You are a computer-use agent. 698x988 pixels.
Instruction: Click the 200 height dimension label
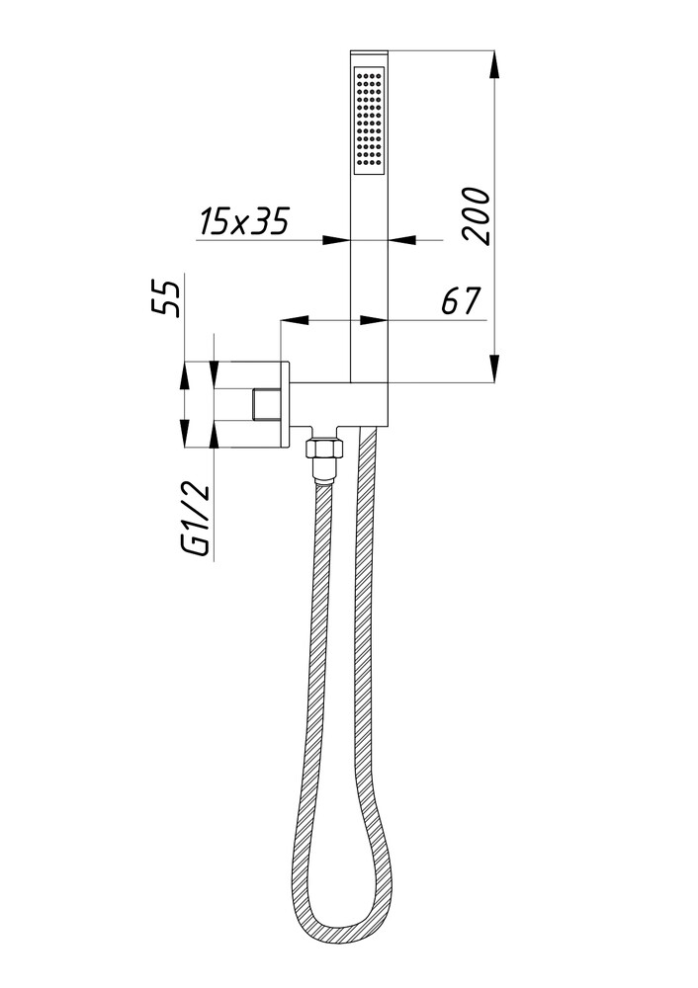tap(477, 214)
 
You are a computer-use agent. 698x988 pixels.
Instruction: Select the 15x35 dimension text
tap(243, 220)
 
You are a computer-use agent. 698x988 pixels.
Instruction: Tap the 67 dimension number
tap(461, 300)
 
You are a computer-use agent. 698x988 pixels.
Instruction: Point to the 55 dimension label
tap(166, 298)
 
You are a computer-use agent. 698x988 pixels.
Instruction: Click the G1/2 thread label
tap(194, 520)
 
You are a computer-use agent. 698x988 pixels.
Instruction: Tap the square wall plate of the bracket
tap(251, 404)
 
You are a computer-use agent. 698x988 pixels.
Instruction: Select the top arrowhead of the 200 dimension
tap(494, 64)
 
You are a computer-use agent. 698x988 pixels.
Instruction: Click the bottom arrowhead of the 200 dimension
tap(494, 368)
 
